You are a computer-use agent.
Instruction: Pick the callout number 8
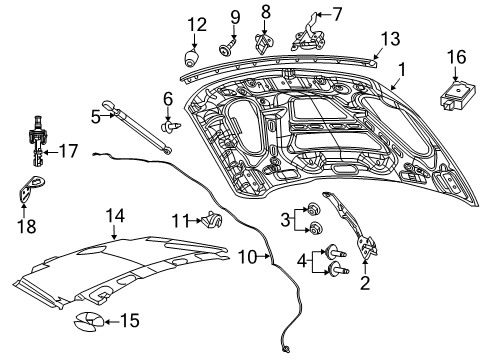[266, 12]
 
